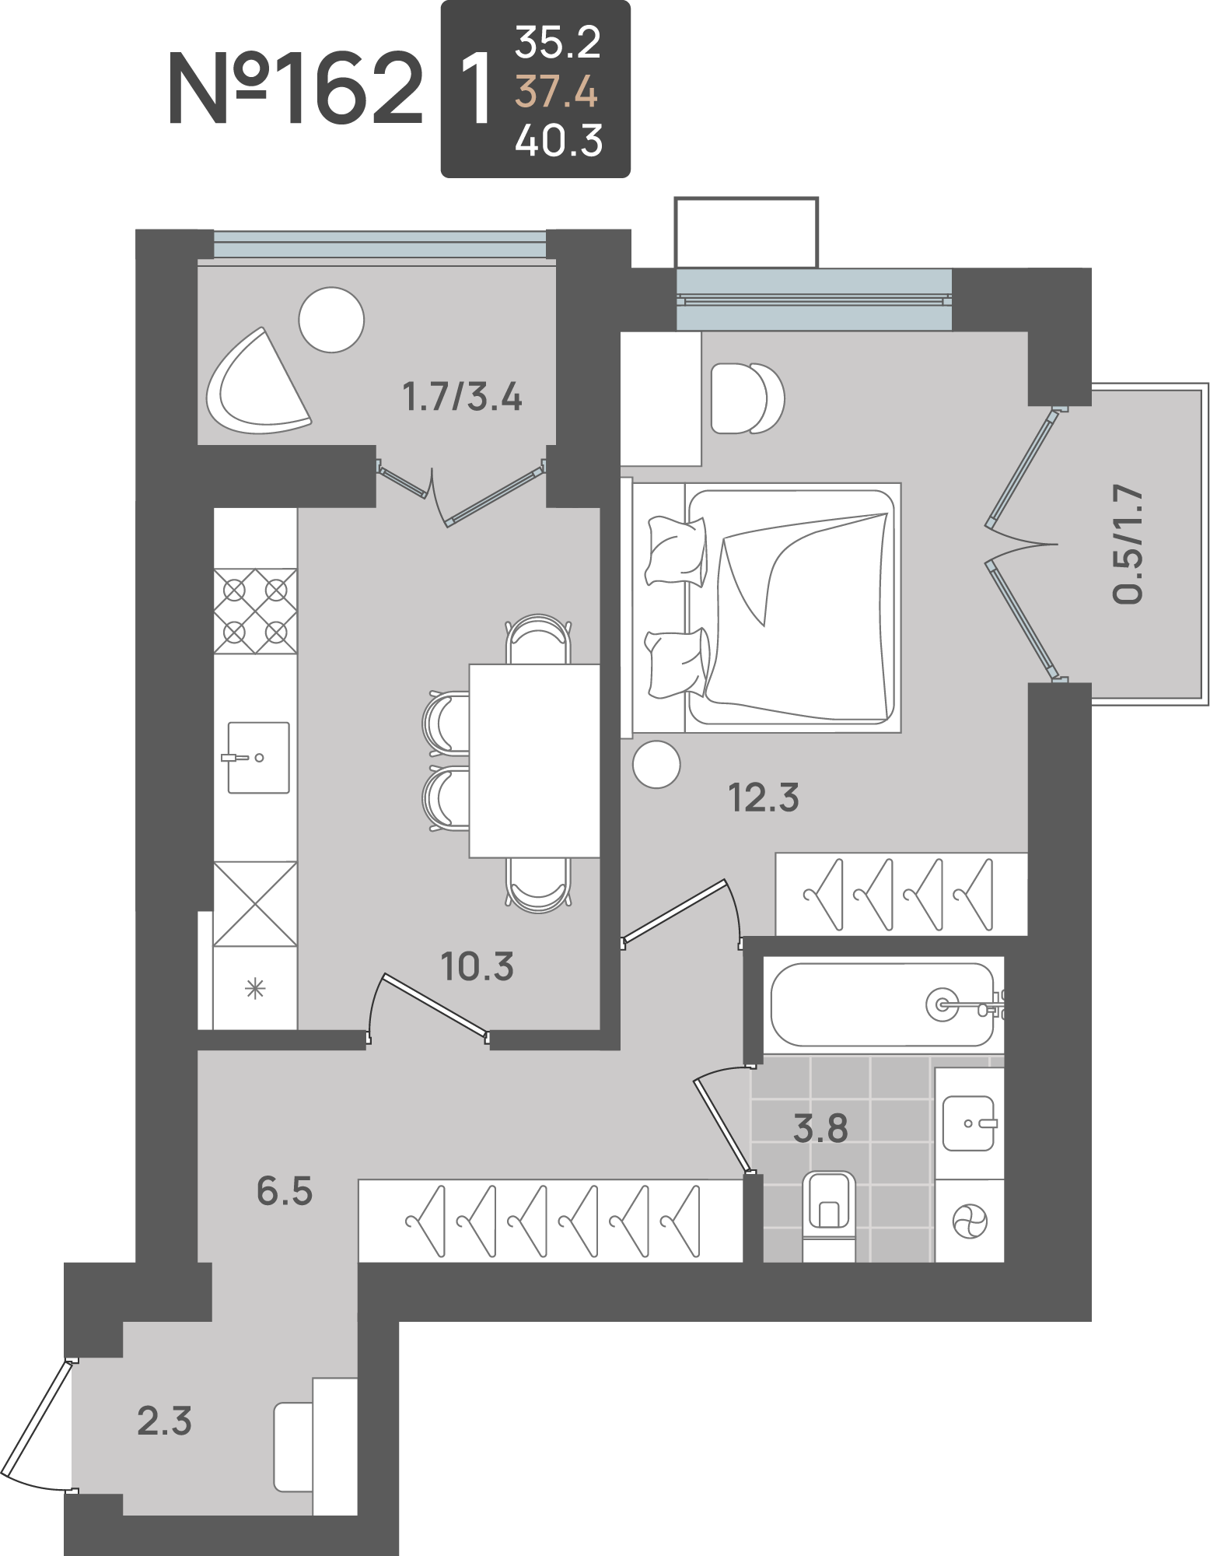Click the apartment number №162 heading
[296, 88]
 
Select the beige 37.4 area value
[557, 92]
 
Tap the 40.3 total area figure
[558, 141]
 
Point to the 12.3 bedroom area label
[764, 797]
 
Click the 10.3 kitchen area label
[477, 966]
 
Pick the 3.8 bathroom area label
[820, 1128]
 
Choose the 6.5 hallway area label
[285, 1191]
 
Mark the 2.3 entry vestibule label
[164, 1421]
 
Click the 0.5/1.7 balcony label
[1128, 544]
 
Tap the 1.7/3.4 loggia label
[462, 396]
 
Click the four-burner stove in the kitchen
[255, 612]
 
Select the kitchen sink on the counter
[258, 758]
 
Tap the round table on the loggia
[332, 320]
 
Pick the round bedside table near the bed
[656, 765]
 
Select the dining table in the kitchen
[534, 761]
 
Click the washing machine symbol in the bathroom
[970, 1221]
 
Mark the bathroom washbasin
[968, 1123]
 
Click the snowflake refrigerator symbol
[255, 989]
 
